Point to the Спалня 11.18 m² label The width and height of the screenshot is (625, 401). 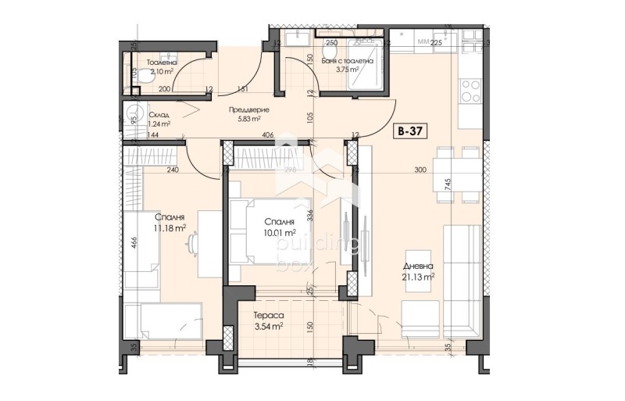[170, 223]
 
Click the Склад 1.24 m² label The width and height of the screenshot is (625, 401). [159, 118]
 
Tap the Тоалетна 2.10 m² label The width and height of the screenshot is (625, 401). [163, 66]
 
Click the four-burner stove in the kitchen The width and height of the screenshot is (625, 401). [470, 91]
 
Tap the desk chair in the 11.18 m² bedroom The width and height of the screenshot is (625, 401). [191, 245]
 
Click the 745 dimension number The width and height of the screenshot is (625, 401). [448, 184]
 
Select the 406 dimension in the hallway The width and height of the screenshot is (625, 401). [268, 134]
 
